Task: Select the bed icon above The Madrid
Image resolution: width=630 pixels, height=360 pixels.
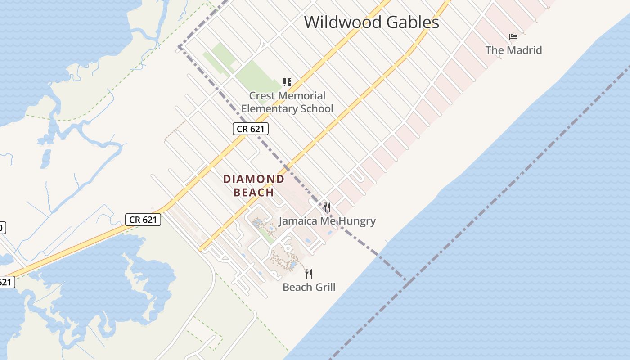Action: (513, 36)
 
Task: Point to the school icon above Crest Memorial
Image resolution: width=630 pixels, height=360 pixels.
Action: (287, 82)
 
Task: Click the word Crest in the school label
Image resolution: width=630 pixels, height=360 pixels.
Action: (262, 96)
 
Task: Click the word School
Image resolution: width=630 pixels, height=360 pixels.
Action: (317, 109)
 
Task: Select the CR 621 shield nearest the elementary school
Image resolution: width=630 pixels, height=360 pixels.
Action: (251, 129)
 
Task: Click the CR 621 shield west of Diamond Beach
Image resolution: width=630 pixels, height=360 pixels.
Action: (143, 220)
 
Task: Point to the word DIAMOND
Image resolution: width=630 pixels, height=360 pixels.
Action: (254, 179)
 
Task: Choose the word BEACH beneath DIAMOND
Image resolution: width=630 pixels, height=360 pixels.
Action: (254, 193)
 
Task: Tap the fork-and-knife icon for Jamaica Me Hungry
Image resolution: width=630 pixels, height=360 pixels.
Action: (327, 207)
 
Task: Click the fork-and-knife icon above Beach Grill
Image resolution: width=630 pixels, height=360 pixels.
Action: (309, 274)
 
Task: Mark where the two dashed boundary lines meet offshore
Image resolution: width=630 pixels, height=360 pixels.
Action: (406, 280)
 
